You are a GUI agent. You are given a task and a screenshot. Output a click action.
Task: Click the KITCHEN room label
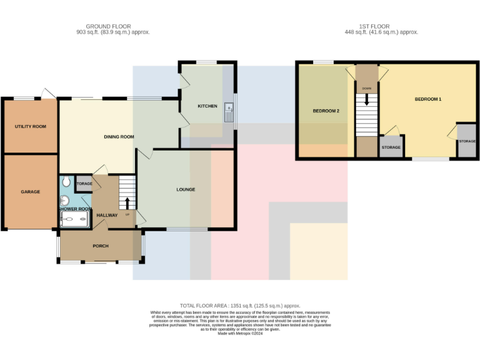coord(207,106)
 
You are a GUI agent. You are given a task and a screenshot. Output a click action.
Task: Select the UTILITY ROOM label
coord(31,127)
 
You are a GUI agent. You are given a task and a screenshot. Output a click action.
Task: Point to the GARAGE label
coord(30,192)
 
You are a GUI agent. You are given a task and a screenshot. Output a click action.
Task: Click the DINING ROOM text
coord(119,137)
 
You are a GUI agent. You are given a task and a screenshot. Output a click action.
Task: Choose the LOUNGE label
coord(186,189)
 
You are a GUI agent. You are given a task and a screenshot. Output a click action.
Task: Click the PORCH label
coord(101,246)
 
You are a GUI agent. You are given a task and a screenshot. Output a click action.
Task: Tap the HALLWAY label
coord(107,215)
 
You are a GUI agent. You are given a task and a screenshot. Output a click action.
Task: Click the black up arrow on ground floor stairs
coord(127,203)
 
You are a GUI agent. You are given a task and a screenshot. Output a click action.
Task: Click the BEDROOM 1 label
coord(428,99)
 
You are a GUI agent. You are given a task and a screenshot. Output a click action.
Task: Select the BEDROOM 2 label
coord(326,111)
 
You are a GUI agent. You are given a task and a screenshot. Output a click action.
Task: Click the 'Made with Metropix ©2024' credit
coord(240,333)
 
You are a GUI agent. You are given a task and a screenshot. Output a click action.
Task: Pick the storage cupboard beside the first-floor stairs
coord(391,147)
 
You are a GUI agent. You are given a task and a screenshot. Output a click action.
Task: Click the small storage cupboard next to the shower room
coord(84,184)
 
